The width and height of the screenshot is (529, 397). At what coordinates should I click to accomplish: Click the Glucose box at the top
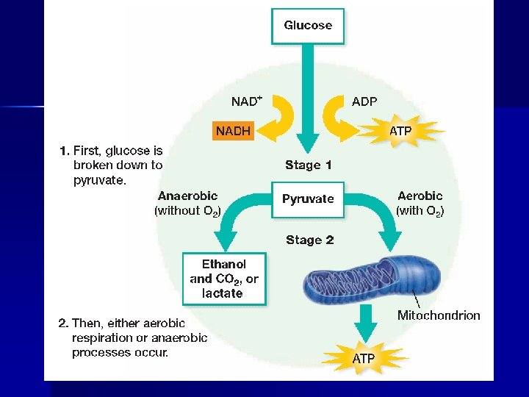pyautogui.click(x=308, y=26)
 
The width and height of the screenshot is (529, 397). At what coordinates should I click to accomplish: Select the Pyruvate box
pyautogui.click(x=308, y=198)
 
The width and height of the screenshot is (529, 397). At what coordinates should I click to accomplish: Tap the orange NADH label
pyautogui.click(x=233, y=132)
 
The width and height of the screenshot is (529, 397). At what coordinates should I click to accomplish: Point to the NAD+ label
pyautogui.click(x=247, y=101)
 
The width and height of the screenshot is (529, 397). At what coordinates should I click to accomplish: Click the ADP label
pyautogui.click(x=364, y=101)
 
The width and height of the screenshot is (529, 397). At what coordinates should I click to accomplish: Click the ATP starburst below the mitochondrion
pyautogui.click(x=364, y=359)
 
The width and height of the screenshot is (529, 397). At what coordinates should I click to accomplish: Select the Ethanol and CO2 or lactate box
pyautogui.click(x=224, y=279)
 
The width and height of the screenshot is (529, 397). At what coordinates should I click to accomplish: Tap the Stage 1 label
pyautogui.click(x=309, y=165)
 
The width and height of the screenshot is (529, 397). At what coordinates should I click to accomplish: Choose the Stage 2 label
pyautogui.click(x=309, y=240)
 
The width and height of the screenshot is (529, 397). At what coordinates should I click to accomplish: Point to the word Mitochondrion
pyautogui.click(x=439, y=315)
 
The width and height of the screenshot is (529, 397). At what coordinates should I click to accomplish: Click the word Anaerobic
pyautogui.click(x=188, y=196)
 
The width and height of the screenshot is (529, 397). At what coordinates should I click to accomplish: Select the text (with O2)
pyautogui.click(x=420, y=211)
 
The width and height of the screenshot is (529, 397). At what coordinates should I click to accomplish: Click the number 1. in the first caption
pyautogui.click(x=64, y=151)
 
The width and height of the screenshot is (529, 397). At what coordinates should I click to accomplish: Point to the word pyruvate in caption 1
pyautogui.click(x=100, y=180)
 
